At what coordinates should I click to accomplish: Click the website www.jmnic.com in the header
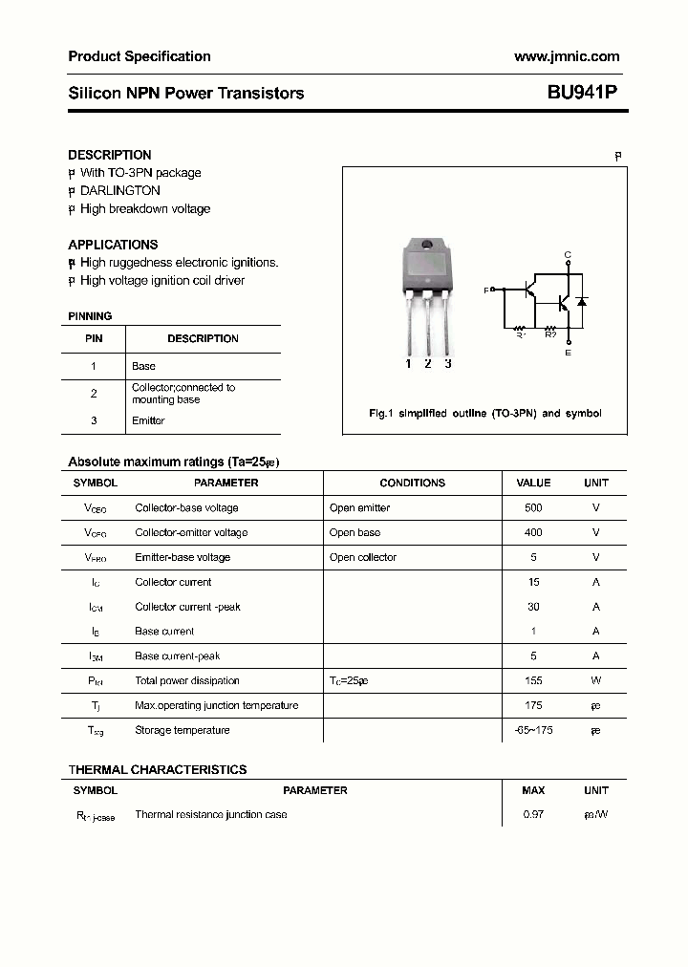[x=567, y=56]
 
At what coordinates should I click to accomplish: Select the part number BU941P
[x=583, y=93]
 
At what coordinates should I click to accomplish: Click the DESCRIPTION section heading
[x=110, y=155]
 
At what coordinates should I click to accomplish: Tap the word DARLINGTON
[x=120, y=190]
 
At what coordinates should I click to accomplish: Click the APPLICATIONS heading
[x=113, y=245]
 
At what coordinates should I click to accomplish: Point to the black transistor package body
[x=428, y=265]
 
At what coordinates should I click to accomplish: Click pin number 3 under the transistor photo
[x=447, y=363]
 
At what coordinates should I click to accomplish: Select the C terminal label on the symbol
[x=568, y=254]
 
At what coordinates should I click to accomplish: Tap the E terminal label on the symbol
[x=568, y=353]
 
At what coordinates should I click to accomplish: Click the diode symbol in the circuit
[x=582, y=302]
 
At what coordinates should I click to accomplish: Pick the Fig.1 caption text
[x=484, y=413]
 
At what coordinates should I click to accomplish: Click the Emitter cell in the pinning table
[x=148, y=420]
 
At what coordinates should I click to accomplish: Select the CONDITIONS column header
[x=412, y=483]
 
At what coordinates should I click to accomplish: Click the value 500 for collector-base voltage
[x=533, y=508]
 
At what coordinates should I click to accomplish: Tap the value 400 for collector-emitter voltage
[x=533, y=533]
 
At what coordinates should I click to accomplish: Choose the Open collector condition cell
[x=362, y=558]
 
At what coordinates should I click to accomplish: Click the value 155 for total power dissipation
[x=533, y=681]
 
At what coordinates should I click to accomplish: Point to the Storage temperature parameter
[x=183, y=731]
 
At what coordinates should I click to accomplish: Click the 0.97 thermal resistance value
[x=533, y=815]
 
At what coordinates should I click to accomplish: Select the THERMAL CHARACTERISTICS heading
[x=158, y=769]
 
